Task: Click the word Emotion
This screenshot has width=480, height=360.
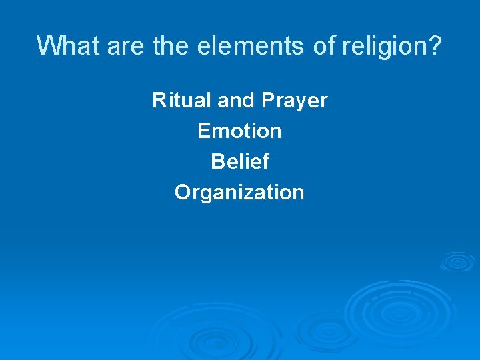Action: (x=239, y=131)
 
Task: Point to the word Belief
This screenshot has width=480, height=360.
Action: (x=239, y=162)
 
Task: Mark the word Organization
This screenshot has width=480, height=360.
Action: (x=239, y=193)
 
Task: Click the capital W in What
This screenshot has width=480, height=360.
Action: (x=47, y=45)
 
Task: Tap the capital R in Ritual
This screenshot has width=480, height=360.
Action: (x=159, y=101)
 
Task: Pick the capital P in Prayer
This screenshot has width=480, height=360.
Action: (x=268, y=101)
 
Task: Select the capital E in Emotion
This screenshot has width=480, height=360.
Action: (x=203, y=131)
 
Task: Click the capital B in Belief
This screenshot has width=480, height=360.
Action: (x=217, y=162)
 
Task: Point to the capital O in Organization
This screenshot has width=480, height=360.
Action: (x=183, y=193)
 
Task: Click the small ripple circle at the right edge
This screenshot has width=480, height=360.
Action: (x=458, y=261)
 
